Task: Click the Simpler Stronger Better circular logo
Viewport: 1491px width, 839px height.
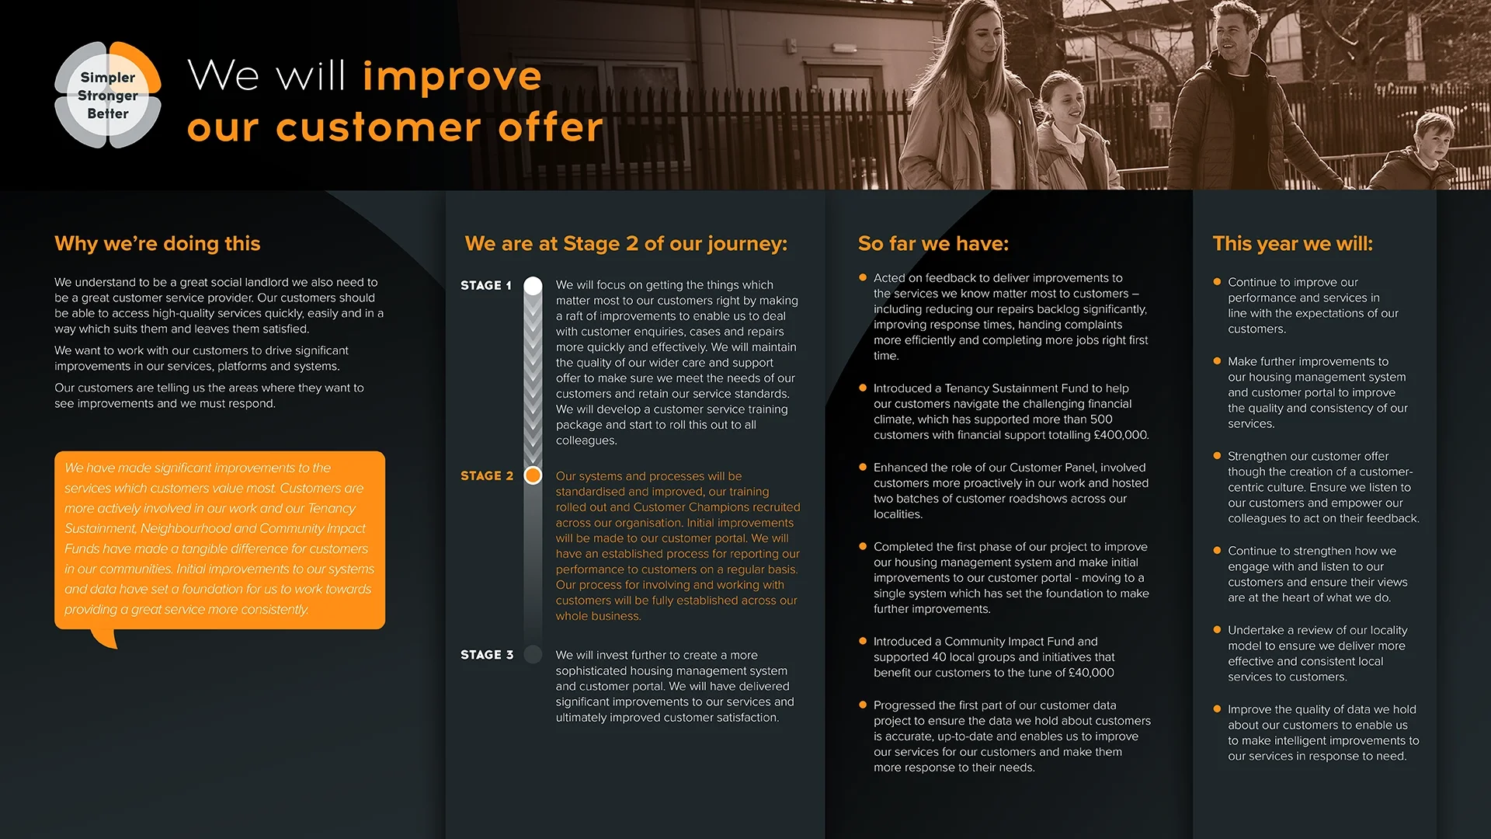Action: tap(108, 95)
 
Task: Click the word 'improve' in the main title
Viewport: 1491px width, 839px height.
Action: tap(452, 76)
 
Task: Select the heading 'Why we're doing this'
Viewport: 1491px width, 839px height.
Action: tap(158, 243)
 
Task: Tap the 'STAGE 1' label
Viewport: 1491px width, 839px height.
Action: tap(486, 285)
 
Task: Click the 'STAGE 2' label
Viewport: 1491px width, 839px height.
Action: tap(487, 475)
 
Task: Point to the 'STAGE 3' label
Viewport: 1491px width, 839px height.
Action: tap(487, 655)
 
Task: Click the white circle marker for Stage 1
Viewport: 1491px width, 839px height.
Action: tap(533, 285)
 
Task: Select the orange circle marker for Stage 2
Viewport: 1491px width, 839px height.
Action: tap(533, 475)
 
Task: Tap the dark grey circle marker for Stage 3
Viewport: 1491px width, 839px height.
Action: tap(533, 654)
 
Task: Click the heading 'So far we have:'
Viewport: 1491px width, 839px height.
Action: tap(933, 243)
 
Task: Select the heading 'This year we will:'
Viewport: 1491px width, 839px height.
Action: tap(1292, 243)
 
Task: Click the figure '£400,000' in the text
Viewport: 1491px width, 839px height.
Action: tap(1121, 435)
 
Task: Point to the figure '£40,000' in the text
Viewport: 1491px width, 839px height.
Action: tap(1091, 673)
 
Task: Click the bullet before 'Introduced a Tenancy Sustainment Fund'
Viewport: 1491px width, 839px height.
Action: tap(862, 388)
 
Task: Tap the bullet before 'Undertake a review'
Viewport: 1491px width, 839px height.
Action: tap(1217, 630)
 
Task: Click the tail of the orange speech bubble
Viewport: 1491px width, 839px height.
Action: tap(106, 638)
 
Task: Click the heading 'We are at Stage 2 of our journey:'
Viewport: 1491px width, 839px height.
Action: tap(626, 243)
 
